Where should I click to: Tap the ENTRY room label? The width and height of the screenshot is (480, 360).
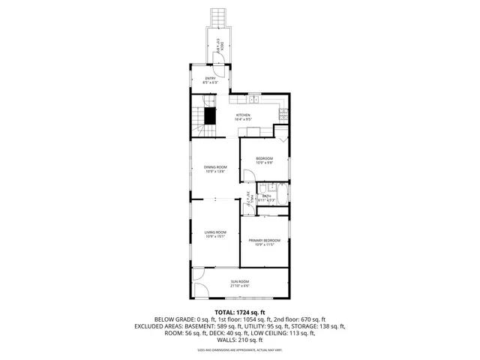[x=211, y=78]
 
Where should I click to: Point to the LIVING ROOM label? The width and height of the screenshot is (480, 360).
[x=215, y=232]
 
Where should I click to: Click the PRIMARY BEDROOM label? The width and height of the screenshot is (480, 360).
[x=265, y=240]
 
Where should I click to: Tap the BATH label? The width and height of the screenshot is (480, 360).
[x=266, y=196]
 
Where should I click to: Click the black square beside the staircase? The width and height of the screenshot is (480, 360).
[x=211, y=115]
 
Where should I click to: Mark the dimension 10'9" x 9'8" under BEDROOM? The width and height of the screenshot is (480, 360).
[x=265, y=162]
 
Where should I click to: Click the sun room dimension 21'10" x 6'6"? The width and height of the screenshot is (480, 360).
[x=240, y=285]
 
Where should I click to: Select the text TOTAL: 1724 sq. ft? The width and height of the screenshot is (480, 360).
[x=240, y=312]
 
